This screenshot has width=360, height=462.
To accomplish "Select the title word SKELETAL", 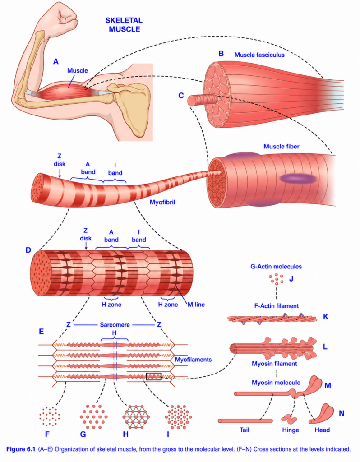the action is coord(124,20).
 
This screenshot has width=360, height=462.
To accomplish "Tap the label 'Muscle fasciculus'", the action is coord(259,55).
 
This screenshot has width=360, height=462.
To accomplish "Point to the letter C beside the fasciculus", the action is coord(181,96).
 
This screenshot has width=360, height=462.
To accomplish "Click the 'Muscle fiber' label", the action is coord(282,147).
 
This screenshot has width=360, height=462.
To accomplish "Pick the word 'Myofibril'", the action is coord(162,203).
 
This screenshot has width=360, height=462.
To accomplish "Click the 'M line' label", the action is coord(196,305).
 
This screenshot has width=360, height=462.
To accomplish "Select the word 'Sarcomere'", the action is coord(115,325).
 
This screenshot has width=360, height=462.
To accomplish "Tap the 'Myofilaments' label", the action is coord(193,360).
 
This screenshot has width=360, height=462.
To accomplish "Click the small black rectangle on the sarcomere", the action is coord(153,376).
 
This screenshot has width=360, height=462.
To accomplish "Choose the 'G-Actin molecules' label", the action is coord(276,266).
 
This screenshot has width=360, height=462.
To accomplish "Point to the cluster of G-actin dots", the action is coord(277,279).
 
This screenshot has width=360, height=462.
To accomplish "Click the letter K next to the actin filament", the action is coord(326,317).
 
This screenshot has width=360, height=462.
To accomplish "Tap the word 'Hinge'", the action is coord(291,430).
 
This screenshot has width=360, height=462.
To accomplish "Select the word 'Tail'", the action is coord(245,430).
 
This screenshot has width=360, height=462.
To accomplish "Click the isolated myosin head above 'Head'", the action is coord(322,414).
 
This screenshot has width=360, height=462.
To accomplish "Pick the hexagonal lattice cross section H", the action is coord(136,416).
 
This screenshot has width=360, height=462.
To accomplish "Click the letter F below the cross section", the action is coord(47,434).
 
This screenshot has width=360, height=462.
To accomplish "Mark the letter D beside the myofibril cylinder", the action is coord(28,250).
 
